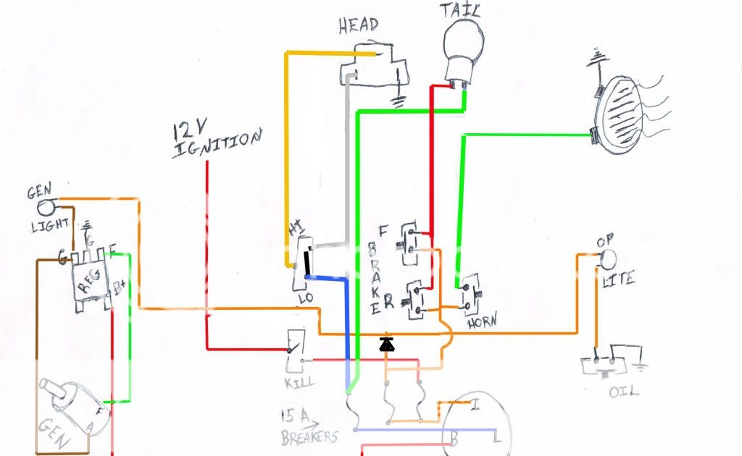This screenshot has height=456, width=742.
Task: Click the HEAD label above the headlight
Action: pos(358,25)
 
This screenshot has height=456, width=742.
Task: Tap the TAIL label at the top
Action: pos(462,10)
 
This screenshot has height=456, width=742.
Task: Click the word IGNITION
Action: pos(216,143)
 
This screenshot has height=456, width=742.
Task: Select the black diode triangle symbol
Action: pos(388,342)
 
